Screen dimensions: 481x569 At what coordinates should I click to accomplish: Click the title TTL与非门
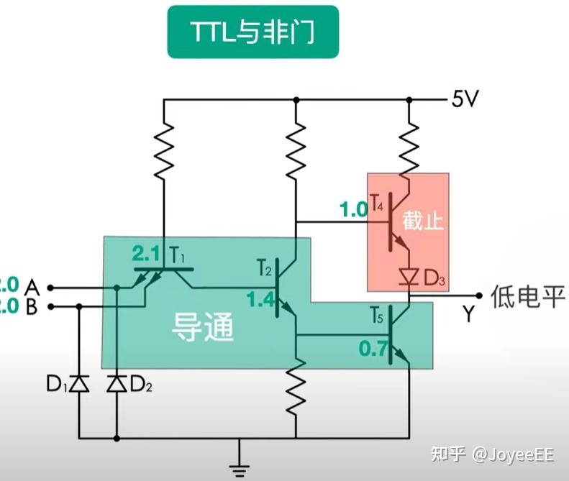pyautogui.click(x=252, y=32)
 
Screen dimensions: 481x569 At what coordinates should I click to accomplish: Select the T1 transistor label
pyautogui.click(x=178, y=254)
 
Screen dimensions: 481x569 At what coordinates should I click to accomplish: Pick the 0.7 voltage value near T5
pyautogui.click(x=374, y=350)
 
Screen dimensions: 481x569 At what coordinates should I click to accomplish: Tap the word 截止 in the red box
pyautogui.click(x=423, y=221)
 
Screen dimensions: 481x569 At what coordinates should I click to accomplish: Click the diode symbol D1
pyautogui.click(x=79, y=384)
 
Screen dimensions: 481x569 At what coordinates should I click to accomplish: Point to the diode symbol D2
pyautogui.click(x=116, y=384)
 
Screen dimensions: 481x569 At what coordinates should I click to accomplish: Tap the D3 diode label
pyautogui.click(x=434, y=278)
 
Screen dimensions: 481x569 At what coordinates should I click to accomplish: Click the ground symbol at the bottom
pyautogui.click(x=240, y=468)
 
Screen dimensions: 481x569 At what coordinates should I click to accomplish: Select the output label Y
pyautogui.click(x=469, y=314)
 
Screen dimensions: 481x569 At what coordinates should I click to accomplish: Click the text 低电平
pyautogui.click(x=528, y=295)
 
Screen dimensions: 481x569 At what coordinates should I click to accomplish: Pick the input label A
pyautogui.click(x=31, y=288)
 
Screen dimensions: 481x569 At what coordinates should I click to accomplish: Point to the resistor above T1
pyautogui.click(x=165, y=148)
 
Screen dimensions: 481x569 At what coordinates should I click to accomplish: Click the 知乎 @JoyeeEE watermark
pyautogui.click(x=492, y=454)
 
